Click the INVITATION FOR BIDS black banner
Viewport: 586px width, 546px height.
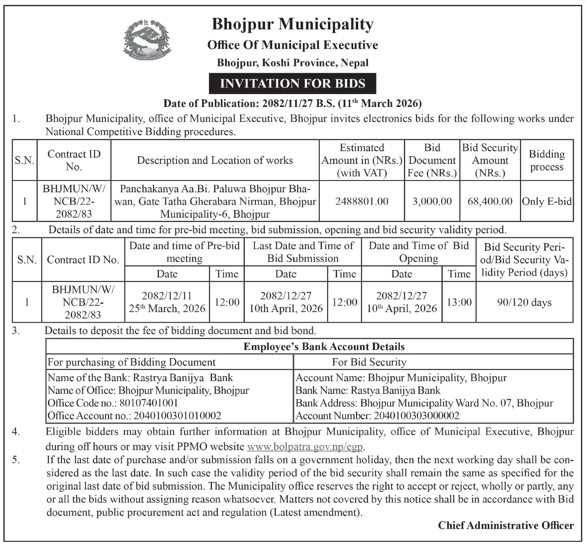click(292, 83)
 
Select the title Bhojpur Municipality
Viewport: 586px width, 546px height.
click(292, 24)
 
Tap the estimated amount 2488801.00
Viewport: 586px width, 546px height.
click(362, 201)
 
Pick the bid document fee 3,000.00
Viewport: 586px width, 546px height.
click(432, 201)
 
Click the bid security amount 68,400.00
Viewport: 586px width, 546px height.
click(490, 201)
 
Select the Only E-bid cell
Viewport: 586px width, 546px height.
click(547, 201)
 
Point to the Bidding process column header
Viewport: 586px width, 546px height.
click(547, 160)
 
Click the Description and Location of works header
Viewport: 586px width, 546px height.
click(215, 160)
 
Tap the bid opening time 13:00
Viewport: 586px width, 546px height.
click(459, 302)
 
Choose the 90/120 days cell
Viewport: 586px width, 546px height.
click(524, 303)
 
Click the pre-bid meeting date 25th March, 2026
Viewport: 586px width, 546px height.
click(167, 309)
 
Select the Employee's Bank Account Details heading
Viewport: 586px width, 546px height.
click(324, 347)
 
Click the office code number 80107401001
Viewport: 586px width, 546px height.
click(149, 403)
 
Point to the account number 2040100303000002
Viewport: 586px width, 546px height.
click(416, 416)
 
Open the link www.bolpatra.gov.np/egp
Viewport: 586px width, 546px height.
click(305, 447)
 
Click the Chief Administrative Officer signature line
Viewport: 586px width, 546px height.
click(506, 526)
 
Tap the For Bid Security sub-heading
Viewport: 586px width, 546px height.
click(369, 362)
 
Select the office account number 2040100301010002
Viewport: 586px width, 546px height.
click(177, 416)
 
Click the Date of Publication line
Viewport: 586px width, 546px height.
click(292, 103)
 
